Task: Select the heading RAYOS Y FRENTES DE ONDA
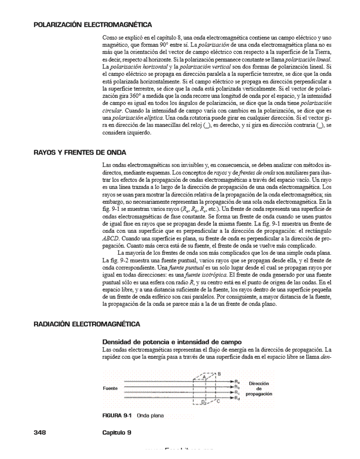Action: click(x=79, y=152)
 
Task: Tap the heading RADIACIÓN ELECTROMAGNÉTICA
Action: click(x=86, y=324)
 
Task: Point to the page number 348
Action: click(x=39, y=432)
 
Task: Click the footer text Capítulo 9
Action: click(x=117, y=432)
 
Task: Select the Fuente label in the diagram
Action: click(x=110, y=388)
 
